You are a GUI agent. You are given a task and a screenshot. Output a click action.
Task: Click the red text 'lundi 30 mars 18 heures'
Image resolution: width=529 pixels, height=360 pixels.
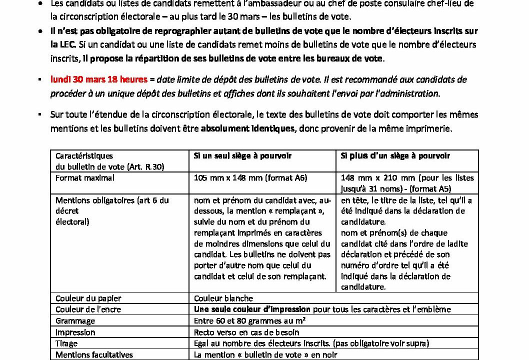click(x=99, y=79)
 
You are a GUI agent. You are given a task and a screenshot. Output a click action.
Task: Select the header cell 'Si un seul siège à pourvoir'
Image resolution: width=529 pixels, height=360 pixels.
click(x=242, y=155)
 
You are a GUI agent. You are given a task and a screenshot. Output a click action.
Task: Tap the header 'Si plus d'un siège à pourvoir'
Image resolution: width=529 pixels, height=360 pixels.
click(x=395, y=155)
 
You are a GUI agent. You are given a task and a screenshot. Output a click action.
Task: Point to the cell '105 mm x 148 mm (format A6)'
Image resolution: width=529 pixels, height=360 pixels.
click(x=250, y=177)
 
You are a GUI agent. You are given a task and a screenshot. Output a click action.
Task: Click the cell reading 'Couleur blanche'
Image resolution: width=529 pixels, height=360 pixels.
click(x=223, y=298)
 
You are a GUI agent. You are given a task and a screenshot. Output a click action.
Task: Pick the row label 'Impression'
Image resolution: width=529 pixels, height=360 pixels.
click(x=75, y=332)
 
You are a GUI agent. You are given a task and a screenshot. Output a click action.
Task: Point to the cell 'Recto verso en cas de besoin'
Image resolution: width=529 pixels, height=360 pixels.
click(x=246, y=332)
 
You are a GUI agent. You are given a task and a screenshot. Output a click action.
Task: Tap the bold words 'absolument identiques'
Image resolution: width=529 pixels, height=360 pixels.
click(x=247, y=128)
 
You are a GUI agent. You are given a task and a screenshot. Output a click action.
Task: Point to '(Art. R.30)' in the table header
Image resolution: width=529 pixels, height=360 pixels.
click(x=146, y=166)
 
